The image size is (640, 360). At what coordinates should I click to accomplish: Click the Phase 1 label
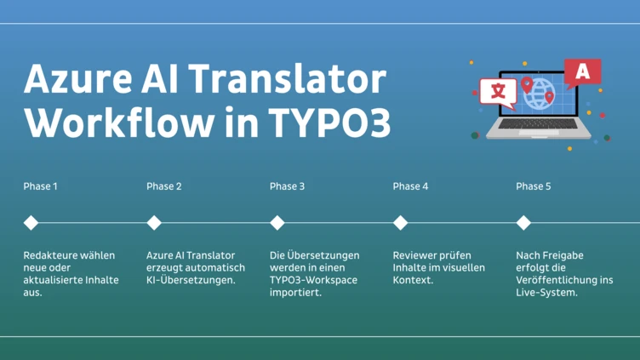click(41, 186)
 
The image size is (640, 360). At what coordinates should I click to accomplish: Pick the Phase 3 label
click(287, 186)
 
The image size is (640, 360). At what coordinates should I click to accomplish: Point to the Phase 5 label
click(534, 186)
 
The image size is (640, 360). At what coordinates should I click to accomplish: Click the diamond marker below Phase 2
click(154, 223)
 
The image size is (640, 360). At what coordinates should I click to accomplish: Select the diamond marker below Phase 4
click(401, 223)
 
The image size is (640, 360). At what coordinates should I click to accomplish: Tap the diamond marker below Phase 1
click(31, 223)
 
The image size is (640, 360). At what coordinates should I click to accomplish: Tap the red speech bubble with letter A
click(582, 72)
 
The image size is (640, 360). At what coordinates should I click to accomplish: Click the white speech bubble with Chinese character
click(497, 90)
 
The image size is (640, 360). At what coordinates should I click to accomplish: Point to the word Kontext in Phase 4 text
click(414, 280)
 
